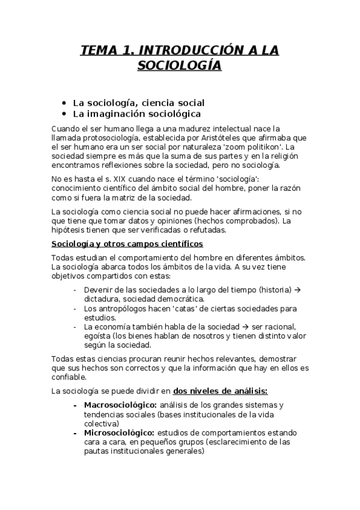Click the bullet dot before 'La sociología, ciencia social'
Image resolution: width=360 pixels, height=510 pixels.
tap(64, 103)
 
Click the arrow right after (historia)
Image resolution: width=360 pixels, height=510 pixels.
tap(297, 290)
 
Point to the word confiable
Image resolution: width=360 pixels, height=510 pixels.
tap(70, 378)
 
